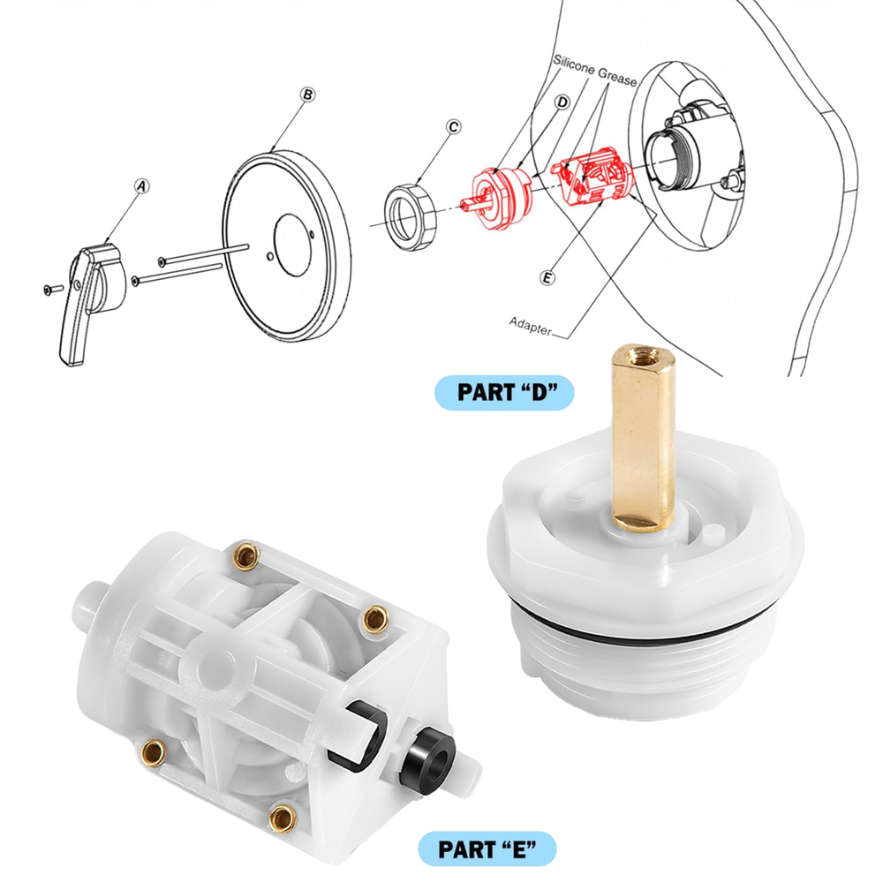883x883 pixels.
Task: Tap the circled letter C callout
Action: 453,127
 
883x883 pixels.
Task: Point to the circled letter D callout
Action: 562,102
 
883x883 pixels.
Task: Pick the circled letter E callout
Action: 547,278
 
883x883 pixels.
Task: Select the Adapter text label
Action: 530,323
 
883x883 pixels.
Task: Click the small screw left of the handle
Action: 49,289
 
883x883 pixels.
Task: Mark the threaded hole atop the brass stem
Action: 641,358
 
